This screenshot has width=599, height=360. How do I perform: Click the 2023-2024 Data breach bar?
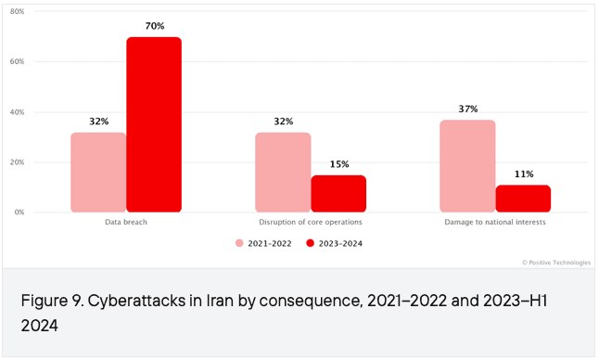click(154, 124)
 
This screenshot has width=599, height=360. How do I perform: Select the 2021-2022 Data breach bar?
click(98, 173)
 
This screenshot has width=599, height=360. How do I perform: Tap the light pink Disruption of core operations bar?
click(283, 173)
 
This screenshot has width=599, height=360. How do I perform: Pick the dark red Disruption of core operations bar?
click(338, 194)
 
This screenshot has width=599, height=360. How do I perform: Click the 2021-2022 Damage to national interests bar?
click(467, 166)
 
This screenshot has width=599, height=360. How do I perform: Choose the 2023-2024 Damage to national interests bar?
click(523, 199)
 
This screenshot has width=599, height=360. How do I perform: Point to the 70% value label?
click(155, 26)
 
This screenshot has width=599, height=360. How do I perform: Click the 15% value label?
click(339, 164)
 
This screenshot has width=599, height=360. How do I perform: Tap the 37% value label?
click(468, 109)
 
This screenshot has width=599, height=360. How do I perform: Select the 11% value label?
click(524, 174)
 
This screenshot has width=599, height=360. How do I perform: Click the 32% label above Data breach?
click(99, 122)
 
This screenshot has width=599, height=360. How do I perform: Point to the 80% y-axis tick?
click(18, 11)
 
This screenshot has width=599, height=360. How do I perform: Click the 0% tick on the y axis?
click(19, 212)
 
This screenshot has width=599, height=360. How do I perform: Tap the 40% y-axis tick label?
click(18, 112)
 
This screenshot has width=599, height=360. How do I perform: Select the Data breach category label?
click(126, 222)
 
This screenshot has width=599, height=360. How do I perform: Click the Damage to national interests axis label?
click(495, 222)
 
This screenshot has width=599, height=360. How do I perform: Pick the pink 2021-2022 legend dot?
click(239, 243)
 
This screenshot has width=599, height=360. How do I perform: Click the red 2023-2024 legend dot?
click(311, 243)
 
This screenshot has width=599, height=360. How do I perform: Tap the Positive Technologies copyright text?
click(556, 263)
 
